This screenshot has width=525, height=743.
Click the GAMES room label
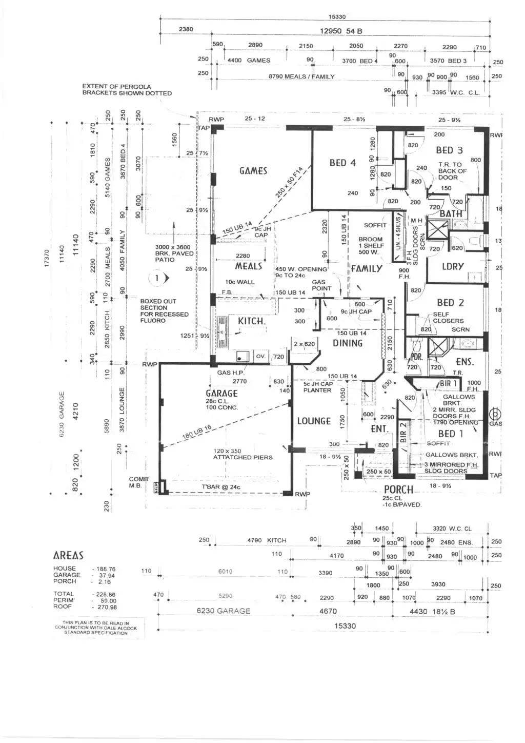coord(253,171)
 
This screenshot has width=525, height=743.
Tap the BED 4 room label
coord(342,163)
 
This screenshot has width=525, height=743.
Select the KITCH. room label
coord(251,321)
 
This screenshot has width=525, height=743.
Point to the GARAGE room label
coord(221,394)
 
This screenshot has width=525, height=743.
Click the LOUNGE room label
coord(314,421)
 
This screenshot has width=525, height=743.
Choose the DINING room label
coord(348,343)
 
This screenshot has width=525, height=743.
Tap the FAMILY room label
coord(367,268)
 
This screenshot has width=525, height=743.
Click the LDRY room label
coord(453,266)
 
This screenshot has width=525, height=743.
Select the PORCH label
coord(398,490)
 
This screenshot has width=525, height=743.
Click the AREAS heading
coord(68,556)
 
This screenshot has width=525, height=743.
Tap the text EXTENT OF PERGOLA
coord(117,87)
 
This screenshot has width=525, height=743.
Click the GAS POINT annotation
coord(321,285)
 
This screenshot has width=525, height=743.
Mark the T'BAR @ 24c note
coord(220,487)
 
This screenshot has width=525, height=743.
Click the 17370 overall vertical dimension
coord(47,258)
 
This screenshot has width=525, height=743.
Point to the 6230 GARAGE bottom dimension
coord(224,611)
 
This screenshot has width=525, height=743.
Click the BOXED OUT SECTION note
coord(164,311)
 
